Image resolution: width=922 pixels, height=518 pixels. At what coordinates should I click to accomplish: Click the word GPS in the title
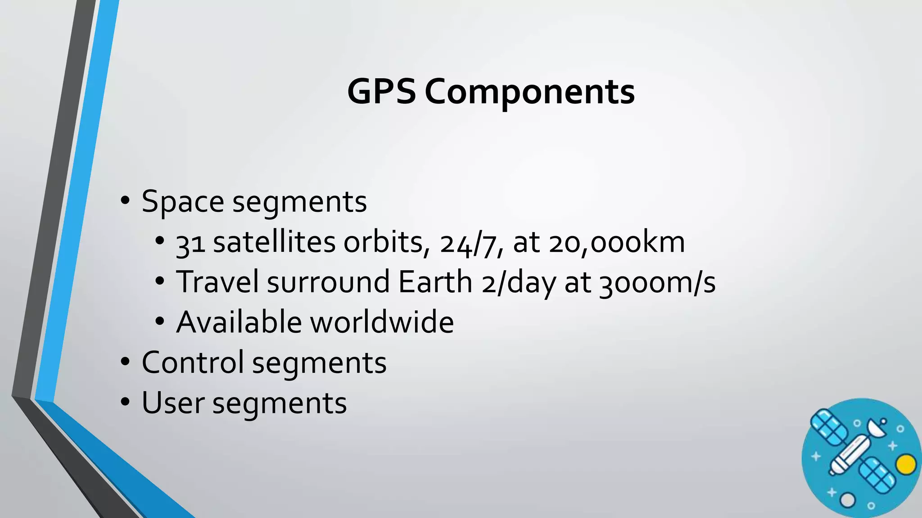point(381,91)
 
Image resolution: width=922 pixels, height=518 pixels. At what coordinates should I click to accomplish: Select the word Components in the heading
point(529,92)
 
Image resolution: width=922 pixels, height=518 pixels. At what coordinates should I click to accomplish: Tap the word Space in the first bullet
point(182,202)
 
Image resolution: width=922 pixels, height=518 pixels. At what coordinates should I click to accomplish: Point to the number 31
point(190,243)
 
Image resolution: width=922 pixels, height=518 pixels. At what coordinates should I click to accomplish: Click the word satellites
point(274,242)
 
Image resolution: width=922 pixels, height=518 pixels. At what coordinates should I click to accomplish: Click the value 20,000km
point(617,242)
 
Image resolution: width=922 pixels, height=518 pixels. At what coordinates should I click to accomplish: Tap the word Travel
point(217,282)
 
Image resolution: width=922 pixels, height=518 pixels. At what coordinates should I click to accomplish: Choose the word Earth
point(435,282)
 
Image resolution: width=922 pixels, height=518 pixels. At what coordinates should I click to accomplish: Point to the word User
point(173,403)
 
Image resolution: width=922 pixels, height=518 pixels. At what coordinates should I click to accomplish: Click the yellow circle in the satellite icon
point(906,464)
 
